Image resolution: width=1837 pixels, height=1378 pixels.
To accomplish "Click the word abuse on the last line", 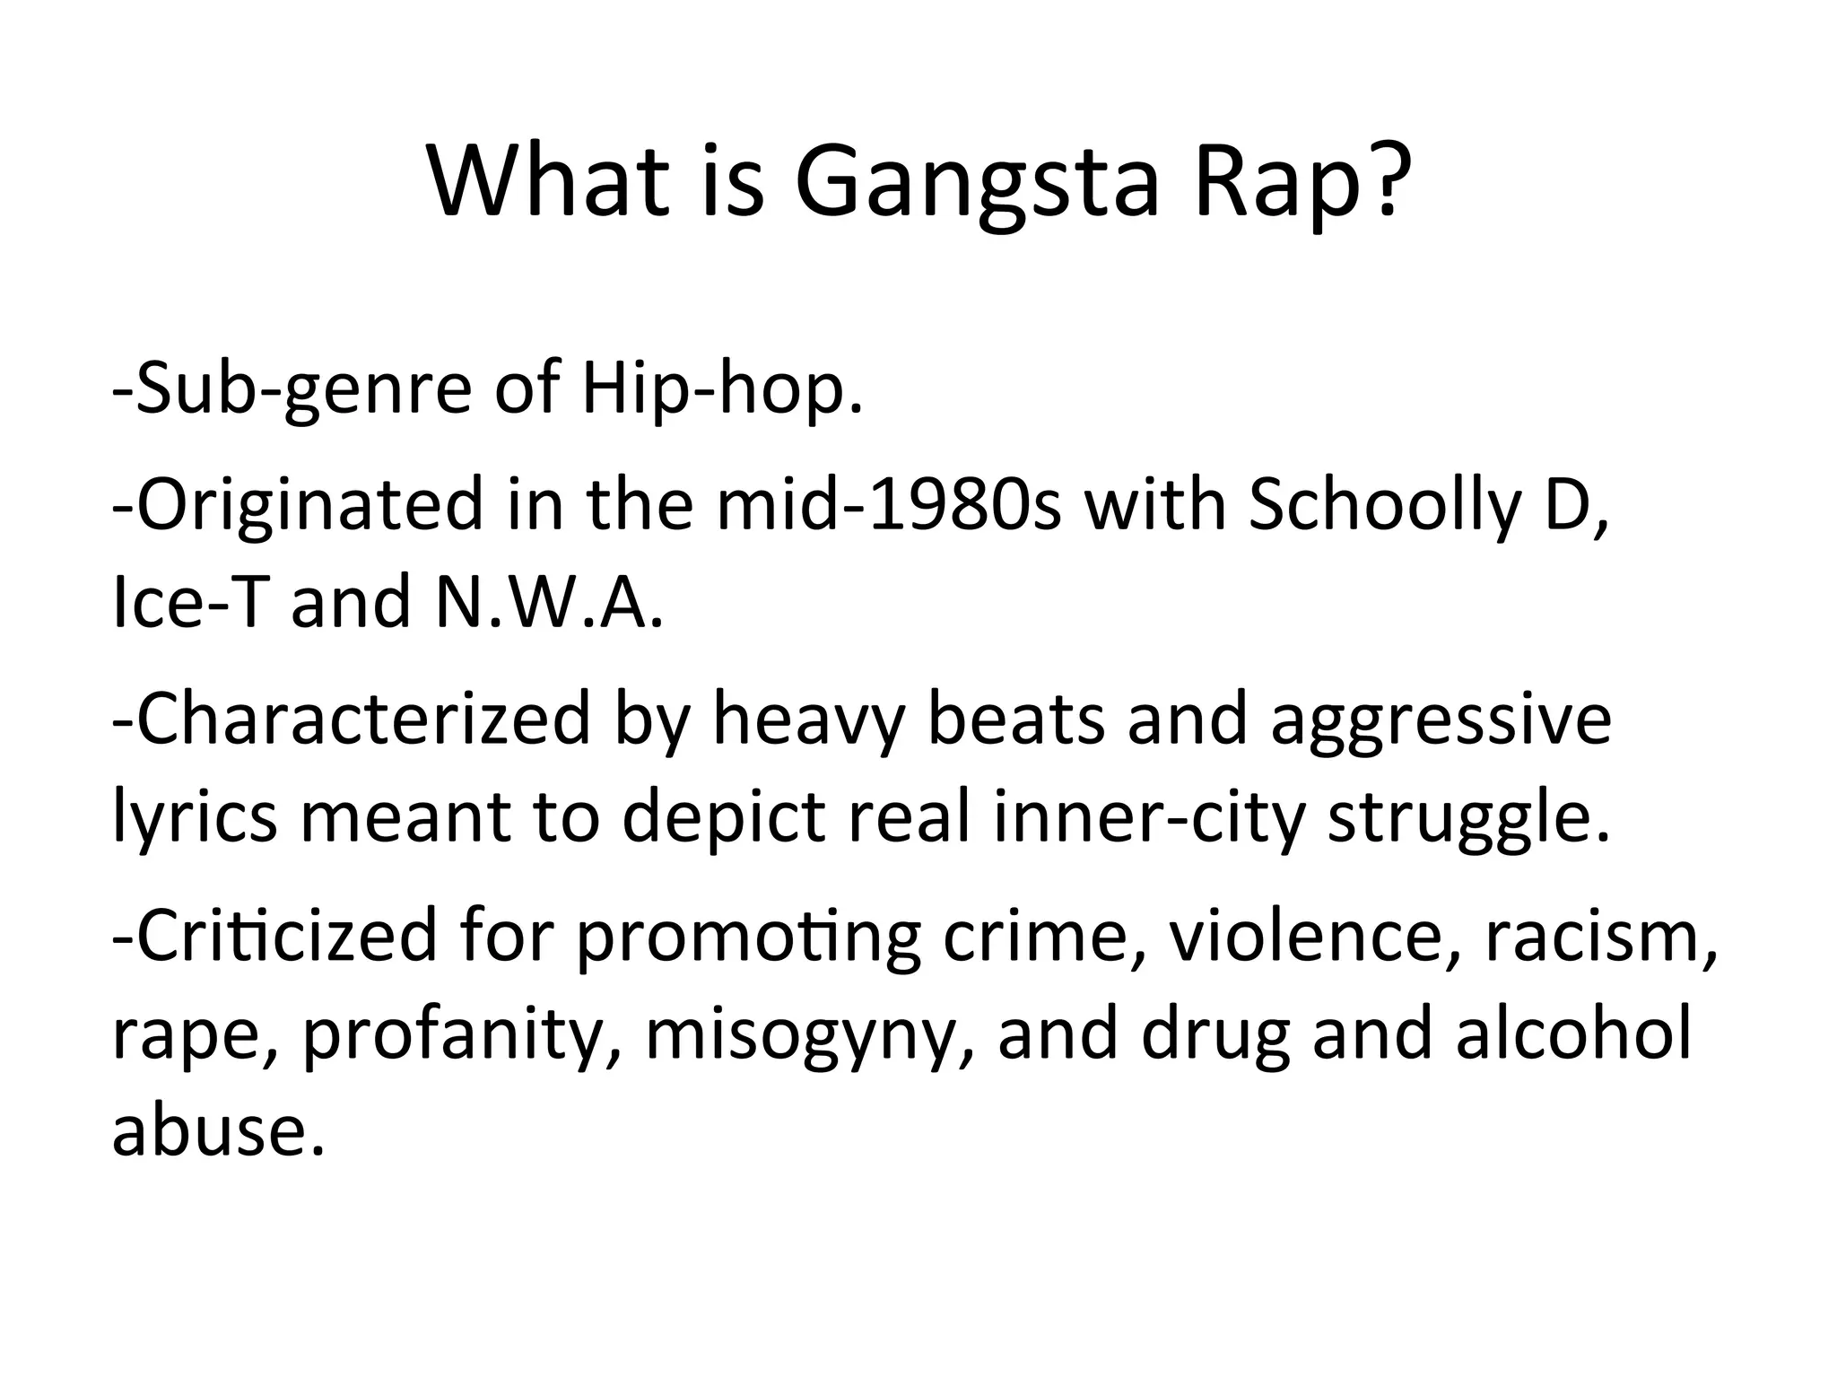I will pyautogui.click(x=216, y=1130).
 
